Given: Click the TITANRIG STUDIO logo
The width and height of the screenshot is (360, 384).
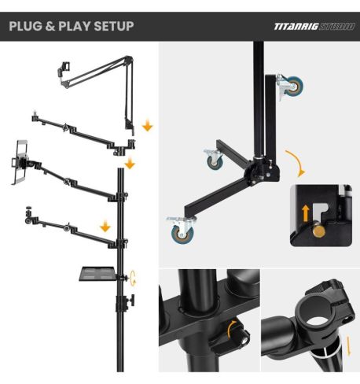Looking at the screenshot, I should tap(311, 26).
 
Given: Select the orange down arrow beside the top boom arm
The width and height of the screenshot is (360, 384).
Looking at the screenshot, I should tap(147, 126).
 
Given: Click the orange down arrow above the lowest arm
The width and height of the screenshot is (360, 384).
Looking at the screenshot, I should tap(105, 227).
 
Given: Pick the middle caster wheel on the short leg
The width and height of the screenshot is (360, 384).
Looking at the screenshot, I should tap(212, 161).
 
